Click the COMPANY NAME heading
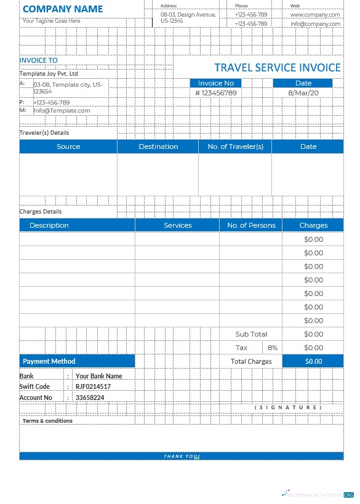pyautogui.click(x=63, y=9)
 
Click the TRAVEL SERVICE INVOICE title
pyautogui.click(x=277, y=68)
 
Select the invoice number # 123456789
pyautogui.click(x=215, y=93)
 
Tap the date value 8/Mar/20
pyautogui.click(x=303, y=93)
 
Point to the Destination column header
pyautogui.click(x=158, y=146)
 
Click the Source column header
pyautogui.click(x=68, y=146)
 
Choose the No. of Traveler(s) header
pyautogui.click(x=235, y=146)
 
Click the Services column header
pyautogui.click(x=178, y=225)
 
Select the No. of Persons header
pyautogui.click(x=251, y=225)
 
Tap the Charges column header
pyautogui.click(x=313, y=225)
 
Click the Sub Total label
pyautogui.click(x=251, y=334)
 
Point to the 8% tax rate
pyautogui.click(x=273, y=348)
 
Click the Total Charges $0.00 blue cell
pyautogui.click(x=313, y=361)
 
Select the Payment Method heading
pyautogui.click(x=49, y=361)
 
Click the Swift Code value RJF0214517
pyautogui.click(x=93, y=386)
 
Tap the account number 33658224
pyautogui.click(x=90, y=398)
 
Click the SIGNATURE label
pyautogui.click(x=288, y=407)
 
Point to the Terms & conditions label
pyautogui.click(x=47, y=421)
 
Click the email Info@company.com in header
pyautogui.click(x=315, y=24)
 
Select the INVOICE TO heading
pyautogui.click(x=38, y=60)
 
